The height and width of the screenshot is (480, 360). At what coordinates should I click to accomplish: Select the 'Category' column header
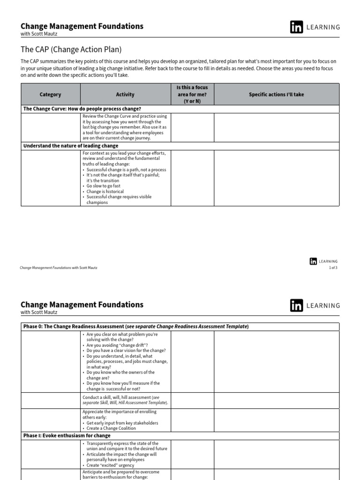coord(50,94)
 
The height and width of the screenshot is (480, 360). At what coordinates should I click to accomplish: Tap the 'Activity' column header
coord(125,94)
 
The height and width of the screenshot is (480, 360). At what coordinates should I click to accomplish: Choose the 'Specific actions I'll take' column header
coord(276,94)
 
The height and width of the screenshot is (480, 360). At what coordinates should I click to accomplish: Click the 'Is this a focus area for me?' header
coord(192,94)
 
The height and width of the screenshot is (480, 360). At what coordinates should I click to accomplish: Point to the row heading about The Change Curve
coord(82,109)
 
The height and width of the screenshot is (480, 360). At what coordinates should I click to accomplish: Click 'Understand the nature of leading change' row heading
coord(71,146)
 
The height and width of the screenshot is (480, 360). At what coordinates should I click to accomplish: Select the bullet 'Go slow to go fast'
coord(104,186)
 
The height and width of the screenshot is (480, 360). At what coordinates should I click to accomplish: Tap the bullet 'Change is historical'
coord(105,192)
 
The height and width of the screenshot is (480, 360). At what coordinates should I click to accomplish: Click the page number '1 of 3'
coord(333,268)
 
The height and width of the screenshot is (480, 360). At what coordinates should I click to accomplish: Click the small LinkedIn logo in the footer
coord(313,262)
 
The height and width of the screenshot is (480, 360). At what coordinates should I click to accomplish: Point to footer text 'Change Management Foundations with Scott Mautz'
coord(59,268)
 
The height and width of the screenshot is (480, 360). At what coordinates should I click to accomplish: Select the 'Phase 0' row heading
coord(136,326)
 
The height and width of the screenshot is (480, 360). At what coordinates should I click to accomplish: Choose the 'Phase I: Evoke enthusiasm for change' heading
coord(67,435)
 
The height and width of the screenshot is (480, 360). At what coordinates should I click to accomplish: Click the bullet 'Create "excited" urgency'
coord(112,465)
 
